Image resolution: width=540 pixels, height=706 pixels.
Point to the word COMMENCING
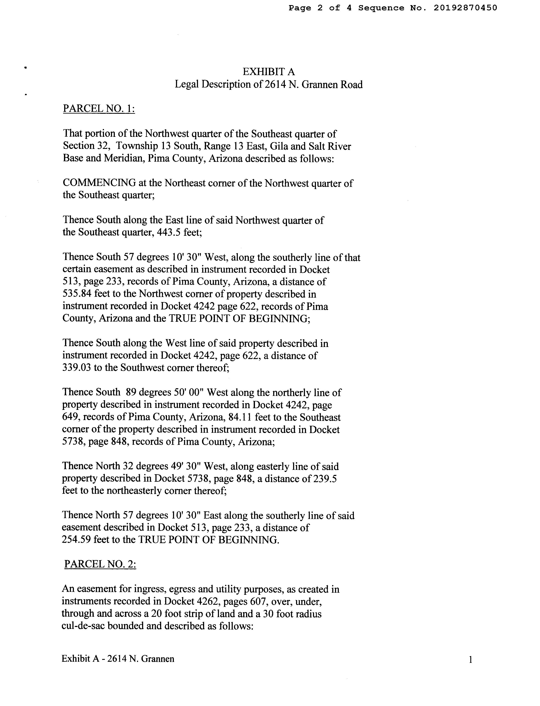click(99, 183)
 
